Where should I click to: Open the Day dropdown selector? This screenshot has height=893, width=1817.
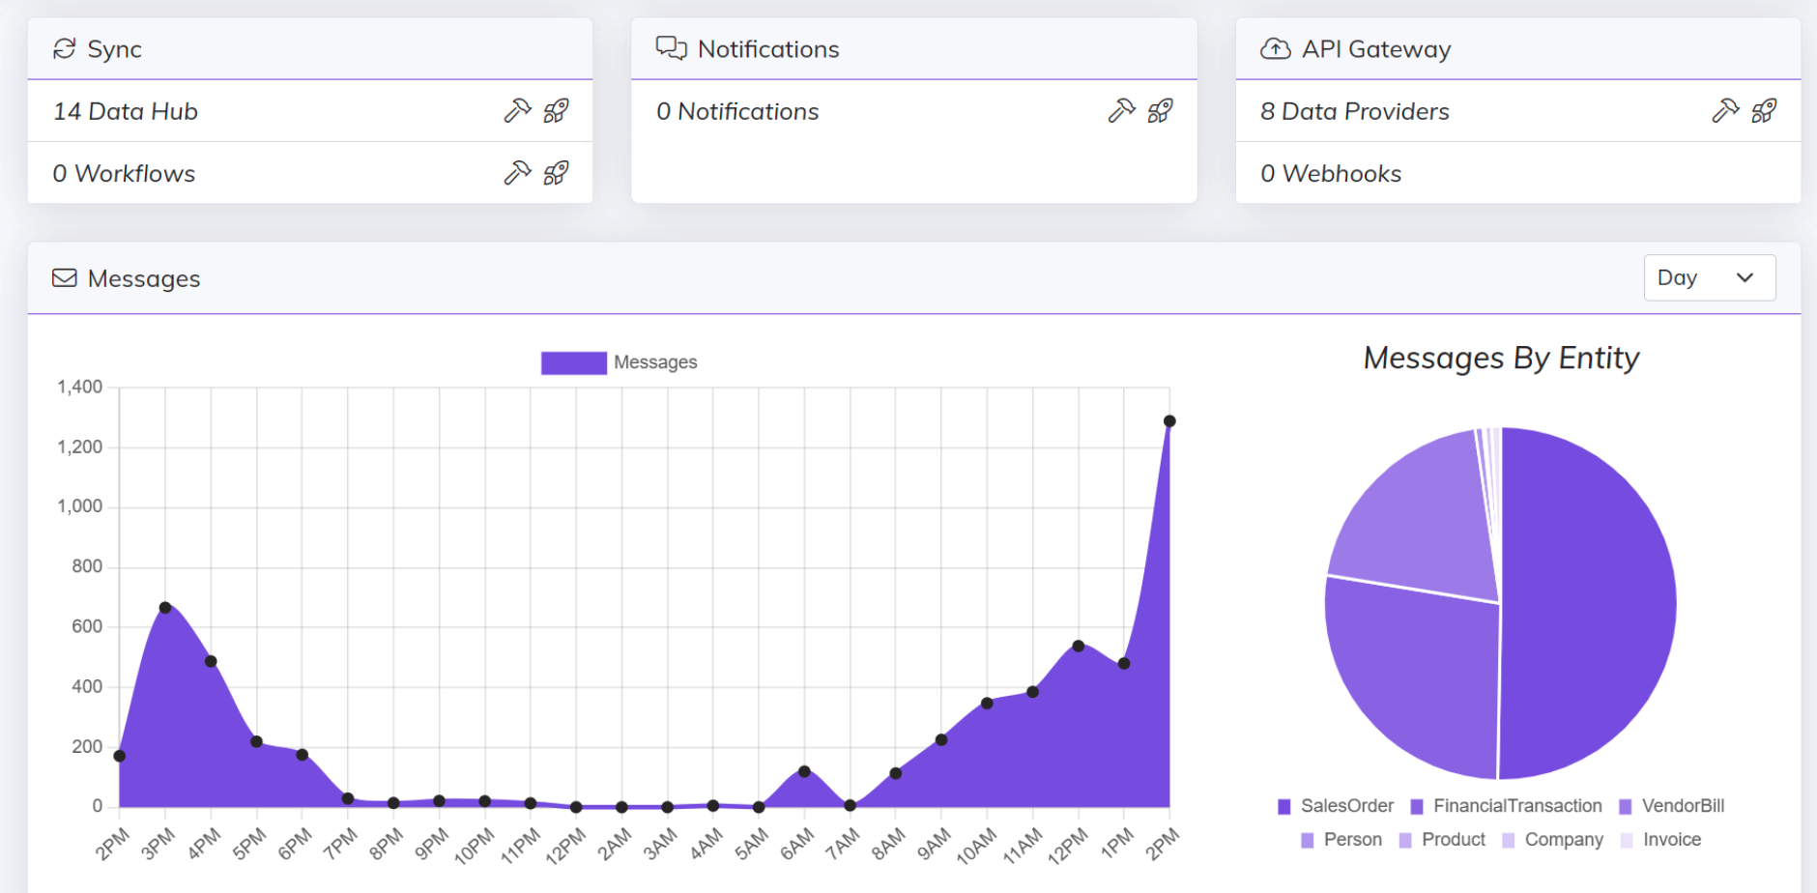point(1709,278)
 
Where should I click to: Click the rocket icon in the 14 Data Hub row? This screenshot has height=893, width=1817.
point(556,111)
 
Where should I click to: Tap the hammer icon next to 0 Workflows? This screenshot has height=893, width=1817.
point(517,173)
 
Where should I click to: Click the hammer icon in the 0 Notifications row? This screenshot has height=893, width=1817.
point(1121,111)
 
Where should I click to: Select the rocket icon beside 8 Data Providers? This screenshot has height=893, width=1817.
point(1764,111)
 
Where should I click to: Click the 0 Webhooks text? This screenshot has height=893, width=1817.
point(1331,174)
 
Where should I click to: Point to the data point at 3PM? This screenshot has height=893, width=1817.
point(165,608)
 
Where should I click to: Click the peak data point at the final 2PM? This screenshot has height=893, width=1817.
point(1169,421)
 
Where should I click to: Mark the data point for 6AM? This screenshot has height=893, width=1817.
point(804,771)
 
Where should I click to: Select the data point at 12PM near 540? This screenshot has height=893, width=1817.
point(1079,646)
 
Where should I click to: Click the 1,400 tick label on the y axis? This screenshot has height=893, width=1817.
point(79,388)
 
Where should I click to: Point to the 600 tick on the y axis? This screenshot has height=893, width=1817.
point(86,626)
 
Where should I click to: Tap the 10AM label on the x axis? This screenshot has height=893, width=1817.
point(976,846)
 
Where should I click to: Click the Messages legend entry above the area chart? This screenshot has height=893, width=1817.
point(620,362)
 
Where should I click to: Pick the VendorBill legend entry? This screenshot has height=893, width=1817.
point(1672,806)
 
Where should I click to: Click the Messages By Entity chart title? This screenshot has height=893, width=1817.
point(1501,359)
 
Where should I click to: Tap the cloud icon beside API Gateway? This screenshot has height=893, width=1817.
point(1275,49)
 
